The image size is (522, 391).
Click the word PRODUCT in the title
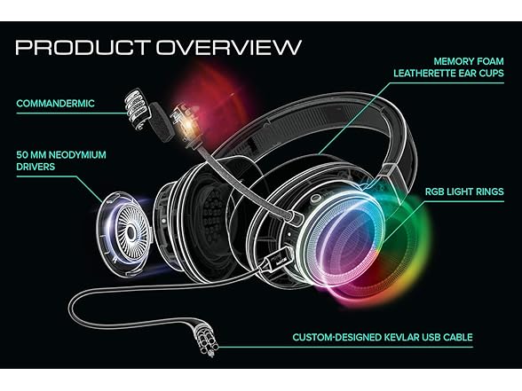(x=83, y=47)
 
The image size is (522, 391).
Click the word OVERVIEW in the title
(x=229, y=47)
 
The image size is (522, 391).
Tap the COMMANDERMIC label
(x=55, y=104)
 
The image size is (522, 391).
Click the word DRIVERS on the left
(x=36, y=167)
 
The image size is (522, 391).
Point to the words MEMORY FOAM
(x=469, y=61)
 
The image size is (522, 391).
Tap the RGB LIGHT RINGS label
(x=464, y=192)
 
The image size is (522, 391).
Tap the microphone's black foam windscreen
(x=161, y=122)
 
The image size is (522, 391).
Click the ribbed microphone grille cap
(x=138, y=108)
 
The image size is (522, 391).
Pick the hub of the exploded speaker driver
(x=130, y=233)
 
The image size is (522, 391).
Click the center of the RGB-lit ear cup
(x=346, y=240)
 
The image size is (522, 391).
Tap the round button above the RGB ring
(x=314, y=199)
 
